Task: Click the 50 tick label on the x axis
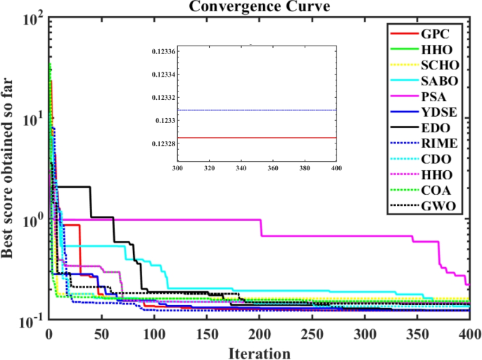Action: pos(101,333)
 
